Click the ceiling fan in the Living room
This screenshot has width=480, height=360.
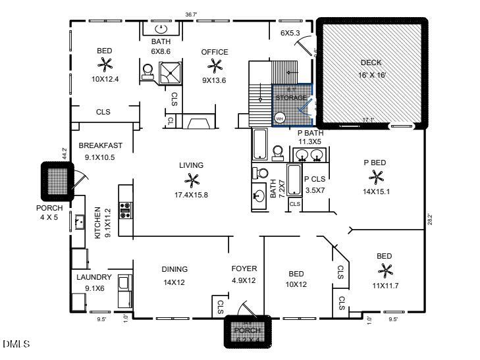click(192, 180)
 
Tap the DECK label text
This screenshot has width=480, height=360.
click(371, 63)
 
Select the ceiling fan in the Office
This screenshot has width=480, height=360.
click(215, 66)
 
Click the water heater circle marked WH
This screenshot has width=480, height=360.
click(279, 119)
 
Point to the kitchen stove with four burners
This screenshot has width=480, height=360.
click(125, 210)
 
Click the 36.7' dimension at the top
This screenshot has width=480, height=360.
click(191, 13)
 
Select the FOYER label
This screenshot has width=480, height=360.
click(244, 269)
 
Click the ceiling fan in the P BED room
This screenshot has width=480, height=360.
click(377, 176)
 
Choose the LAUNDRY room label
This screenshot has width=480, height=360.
click(93, 278)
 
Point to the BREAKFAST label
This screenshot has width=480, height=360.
click(100, 145)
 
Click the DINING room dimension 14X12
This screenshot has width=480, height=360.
click(174, 282)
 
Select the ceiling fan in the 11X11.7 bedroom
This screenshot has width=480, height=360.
click(385, 270)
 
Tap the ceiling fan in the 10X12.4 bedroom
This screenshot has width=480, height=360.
click(105, 64)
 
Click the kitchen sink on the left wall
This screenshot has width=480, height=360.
click(80, 221)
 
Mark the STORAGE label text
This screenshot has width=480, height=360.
click(290, 98)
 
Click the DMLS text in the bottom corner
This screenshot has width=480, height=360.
click(13, 344)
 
